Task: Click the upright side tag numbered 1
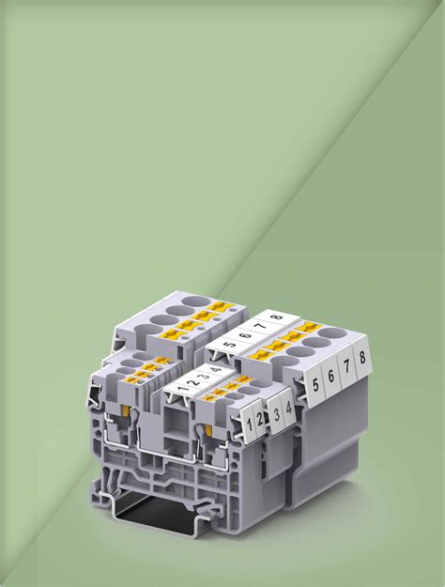click(249, 424)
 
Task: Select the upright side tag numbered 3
click(276, 414)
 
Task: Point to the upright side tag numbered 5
click(315, 386)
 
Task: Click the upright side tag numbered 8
click(361, 358)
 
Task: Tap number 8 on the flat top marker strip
click(277, 317)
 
